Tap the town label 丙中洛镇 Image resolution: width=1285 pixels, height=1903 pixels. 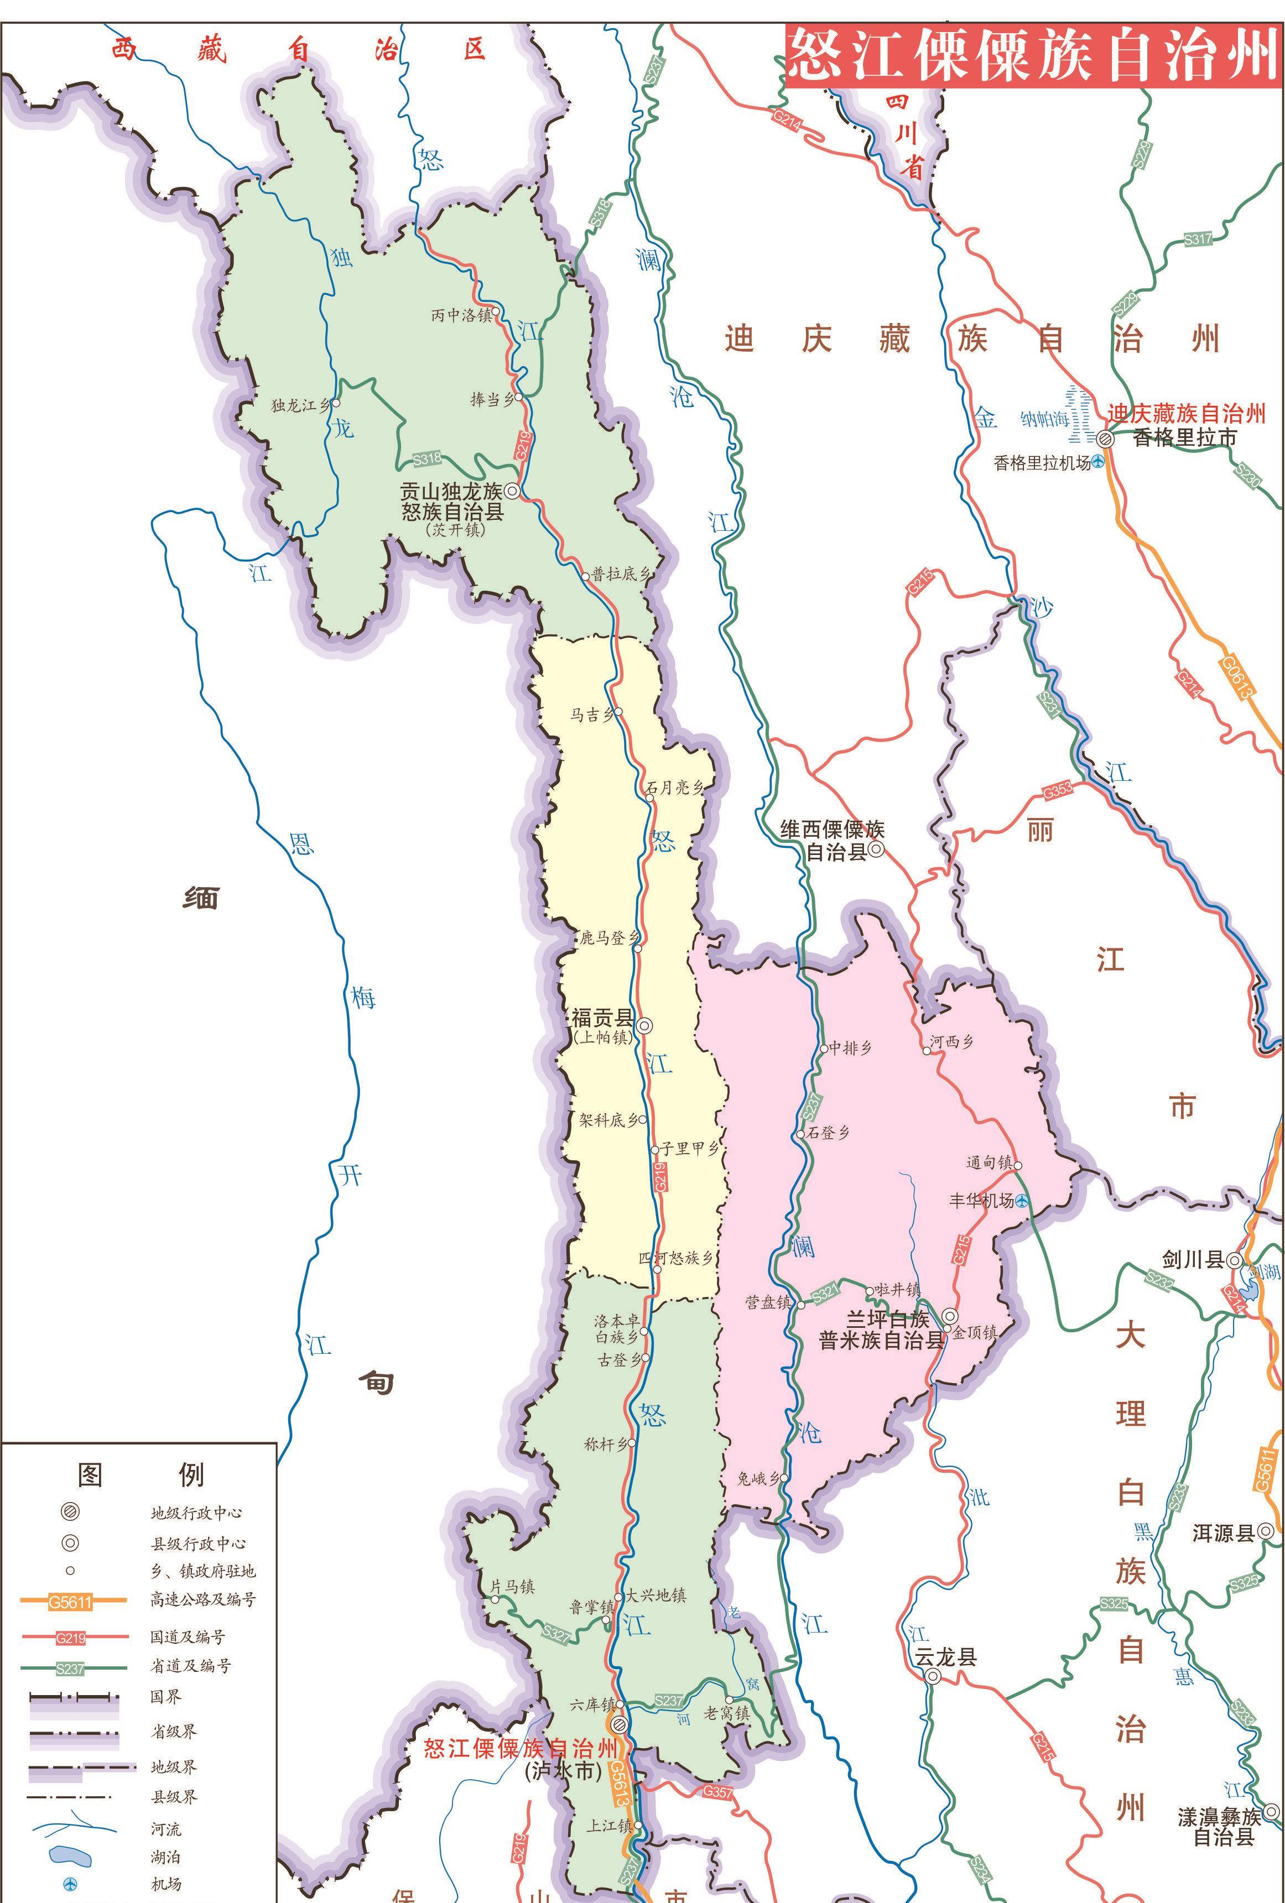pyautogui.click(x=461, y=315)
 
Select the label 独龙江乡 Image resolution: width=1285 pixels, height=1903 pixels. pyautogui.click(x=300, y=404)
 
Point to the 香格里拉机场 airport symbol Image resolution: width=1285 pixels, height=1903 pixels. pyautogui.click(x=1097, y=462)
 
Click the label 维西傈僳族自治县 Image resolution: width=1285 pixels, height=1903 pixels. pyautogui.click(x=832, y=840)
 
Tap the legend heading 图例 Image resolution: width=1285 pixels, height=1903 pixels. pyautogui.click(x=139, y=1474)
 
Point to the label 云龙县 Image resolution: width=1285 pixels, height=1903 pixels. pyautogui.click(x=945, y=1657)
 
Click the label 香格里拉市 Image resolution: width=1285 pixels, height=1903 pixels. pyautogui.click(x=1184, y=438)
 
